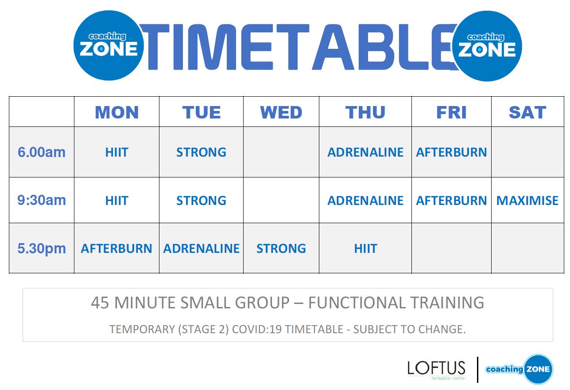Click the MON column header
pos(117,112)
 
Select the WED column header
pos(281,112)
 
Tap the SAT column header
pos(527,112)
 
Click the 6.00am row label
pos(42,152)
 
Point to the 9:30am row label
pos(42,200)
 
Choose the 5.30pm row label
pos(42,248)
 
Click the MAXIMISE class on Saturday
pos(527,201)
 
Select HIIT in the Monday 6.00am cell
pos(117,153)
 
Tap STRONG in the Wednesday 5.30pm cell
pos(281,248)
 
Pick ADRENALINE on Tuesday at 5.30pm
pos(201,248)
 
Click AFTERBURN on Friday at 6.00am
pos(451,153)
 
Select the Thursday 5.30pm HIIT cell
pos(366,248)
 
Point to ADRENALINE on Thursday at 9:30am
pos(365,201)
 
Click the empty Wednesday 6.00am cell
pos(281,152)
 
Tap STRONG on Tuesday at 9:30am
pos(201,201)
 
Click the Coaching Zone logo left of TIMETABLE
pos(109,45)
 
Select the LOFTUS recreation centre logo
pos(436,370)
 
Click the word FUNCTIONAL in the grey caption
pos(357,303)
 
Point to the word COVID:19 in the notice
pos(257,329)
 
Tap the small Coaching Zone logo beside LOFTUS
pos(520,369)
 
